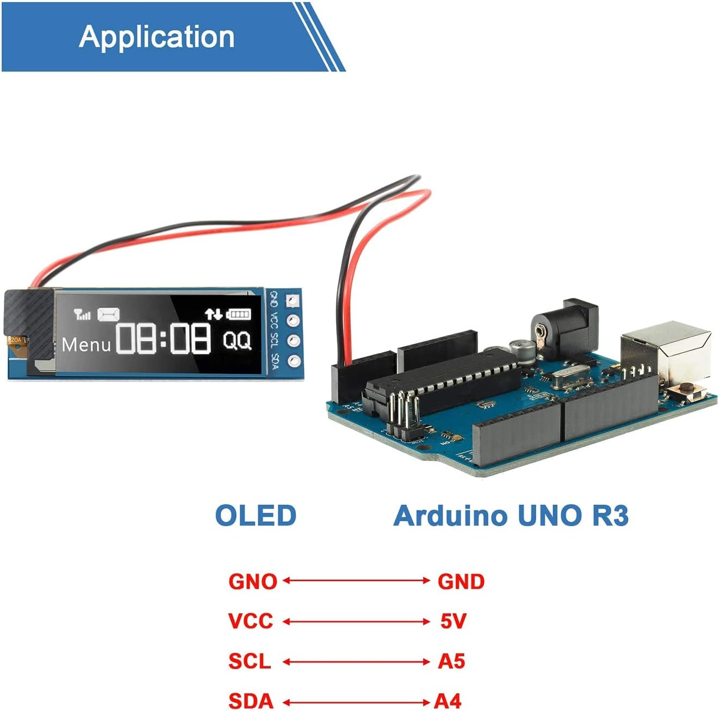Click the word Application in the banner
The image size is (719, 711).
pos(157,37)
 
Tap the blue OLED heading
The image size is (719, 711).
pos(256,515)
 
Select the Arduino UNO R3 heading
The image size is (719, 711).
pos(511,515)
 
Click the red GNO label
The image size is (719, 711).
pos(253,581)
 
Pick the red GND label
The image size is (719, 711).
pos(461,581)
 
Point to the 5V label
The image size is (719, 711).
pos(453,621)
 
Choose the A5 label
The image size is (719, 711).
pos(451,661)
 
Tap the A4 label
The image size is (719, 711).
pos(447,701)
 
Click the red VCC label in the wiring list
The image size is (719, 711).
pos(251,621)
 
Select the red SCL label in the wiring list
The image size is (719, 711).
pos(250,661)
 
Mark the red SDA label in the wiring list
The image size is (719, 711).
pos(251,701)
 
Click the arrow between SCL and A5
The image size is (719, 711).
pos(356,662)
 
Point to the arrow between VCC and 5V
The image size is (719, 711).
pos(356,621)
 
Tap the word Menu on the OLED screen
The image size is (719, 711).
pos(86,345)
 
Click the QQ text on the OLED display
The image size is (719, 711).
pos(237,341)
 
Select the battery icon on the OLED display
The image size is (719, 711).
pos(239,314)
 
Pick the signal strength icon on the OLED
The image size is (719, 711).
pos(82,314)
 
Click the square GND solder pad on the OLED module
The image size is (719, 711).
pos(293,300)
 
